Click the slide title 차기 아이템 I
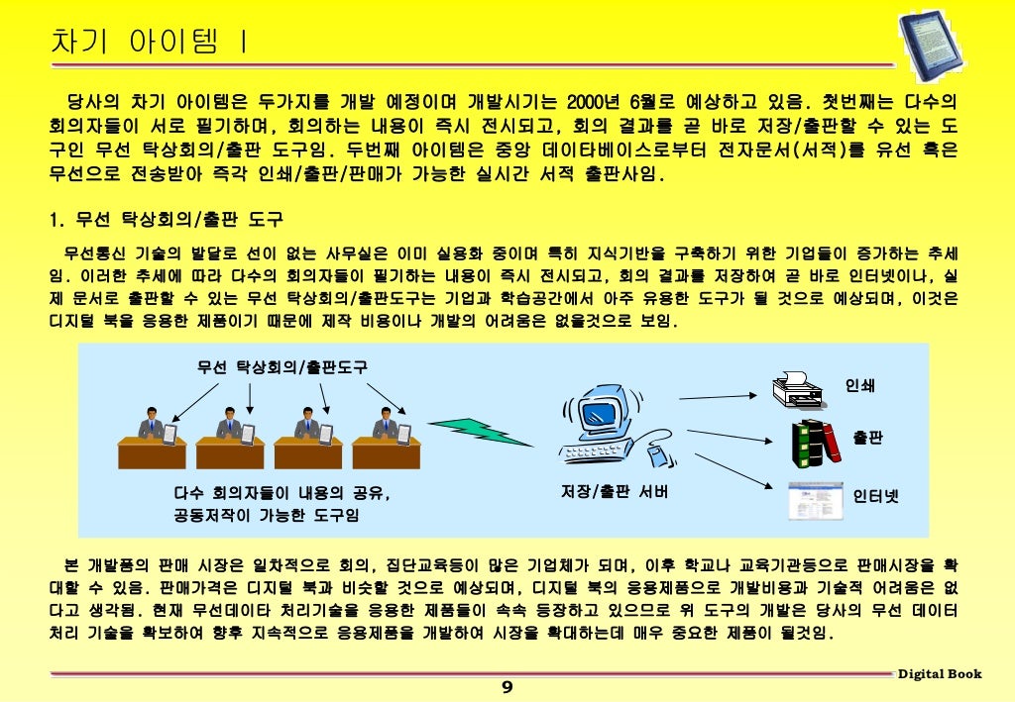tap(150, 43)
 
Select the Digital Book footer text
tap(940, 674)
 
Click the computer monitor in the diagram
tap(606, 417)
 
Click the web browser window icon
tap(810, 500)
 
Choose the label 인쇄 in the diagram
tap(859, 385)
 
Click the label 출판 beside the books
tap(867, 438)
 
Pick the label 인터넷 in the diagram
tap(876, 496)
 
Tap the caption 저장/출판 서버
tap(615, 491)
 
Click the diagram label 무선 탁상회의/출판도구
tap(282, 367)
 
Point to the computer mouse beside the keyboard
tap(654, 455)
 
